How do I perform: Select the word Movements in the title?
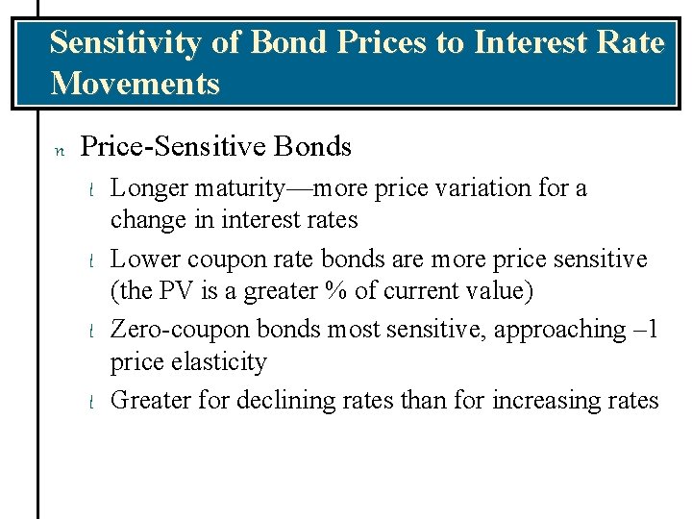pos(135,84)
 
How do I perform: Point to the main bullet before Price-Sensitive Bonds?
pos(58,149)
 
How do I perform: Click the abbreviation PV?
pos(178,290)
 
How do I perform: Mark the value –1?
pos(644,330)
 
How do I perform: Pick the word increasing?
pos(545,400)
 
